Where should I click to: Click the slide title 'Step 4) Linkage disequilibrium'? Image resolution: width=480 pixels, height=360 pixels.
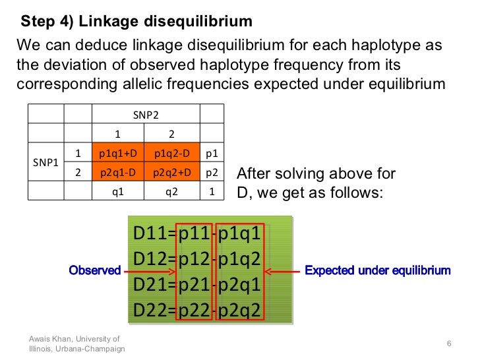point(136,22)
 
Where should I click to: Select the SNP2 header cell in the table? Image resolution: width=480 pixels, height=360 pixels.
point(145,114)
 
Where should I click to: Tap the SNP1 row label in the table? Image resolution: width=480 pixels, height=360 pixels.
point(45,162)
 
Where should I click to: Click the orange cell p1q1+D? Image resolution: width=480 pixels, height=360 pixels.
point(118,153)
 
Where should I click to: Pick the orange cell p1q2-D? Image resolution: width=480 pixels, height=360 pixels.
point(172,153)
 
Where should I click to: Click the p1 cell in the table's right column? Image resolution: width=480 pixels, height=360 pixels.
point(212,153)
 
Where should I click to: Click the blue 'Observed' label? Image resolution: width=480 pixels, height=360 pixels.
point(95,270)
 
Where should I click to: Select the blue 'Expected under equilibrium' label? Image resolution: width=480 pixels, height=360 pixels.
point(377,270)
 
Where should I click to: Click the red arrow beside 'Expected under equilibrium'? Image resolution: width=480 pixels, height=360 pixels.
point(281,270)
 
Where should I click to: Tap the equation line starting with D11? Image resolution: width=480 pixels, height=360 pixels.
point(198,234)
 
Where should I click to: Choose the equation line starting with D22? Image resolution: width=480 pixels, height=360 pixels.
point(198,310)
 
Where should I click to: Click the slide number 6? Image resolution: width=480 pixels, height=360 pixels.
point(448,344)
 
